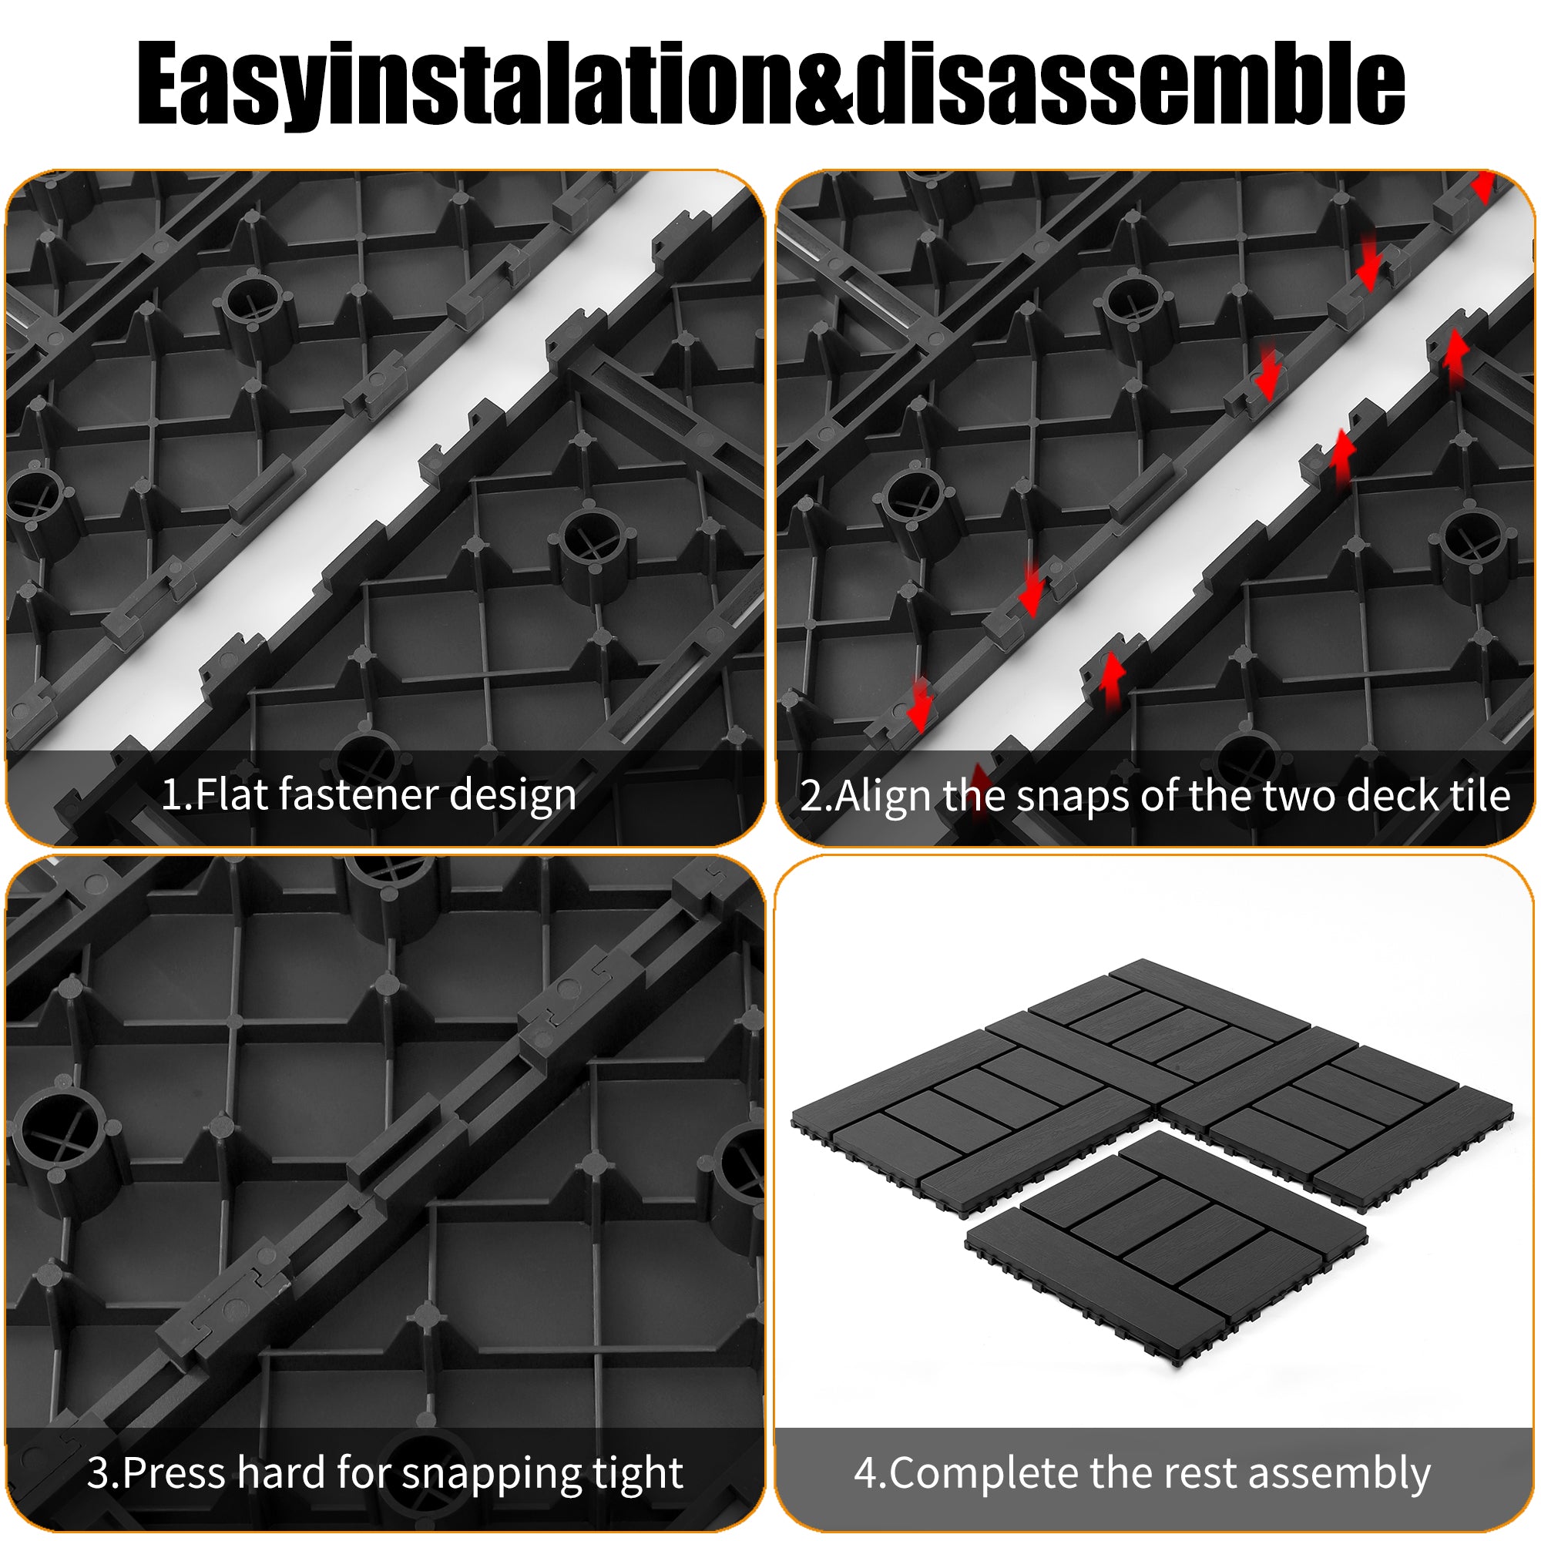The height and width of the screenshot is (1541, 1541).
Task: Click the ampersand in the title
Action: click(x=824, y=86)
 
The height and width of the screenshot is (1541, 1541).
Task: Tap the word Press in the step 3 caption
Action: click(x=175, y=1472)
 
